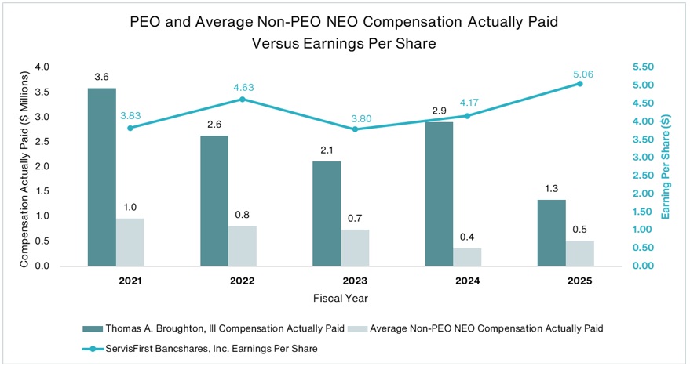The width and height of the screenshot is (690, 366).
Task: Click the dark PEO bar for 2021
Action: coord(102,177)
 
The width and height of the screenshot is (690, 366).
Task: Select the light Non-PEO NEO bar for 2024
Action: coord(467,257)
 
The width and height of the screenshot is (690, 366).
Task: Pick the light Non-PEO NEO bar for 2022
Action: coord(243,246)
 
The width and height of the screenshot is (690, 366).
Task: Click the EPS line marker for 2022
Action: coord(243,100)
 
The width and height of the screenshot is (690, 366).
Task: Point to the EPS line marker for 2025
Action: coord(579,83)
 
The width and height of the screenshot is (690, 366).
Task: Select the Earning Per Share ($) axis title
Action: coord(667,166)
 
